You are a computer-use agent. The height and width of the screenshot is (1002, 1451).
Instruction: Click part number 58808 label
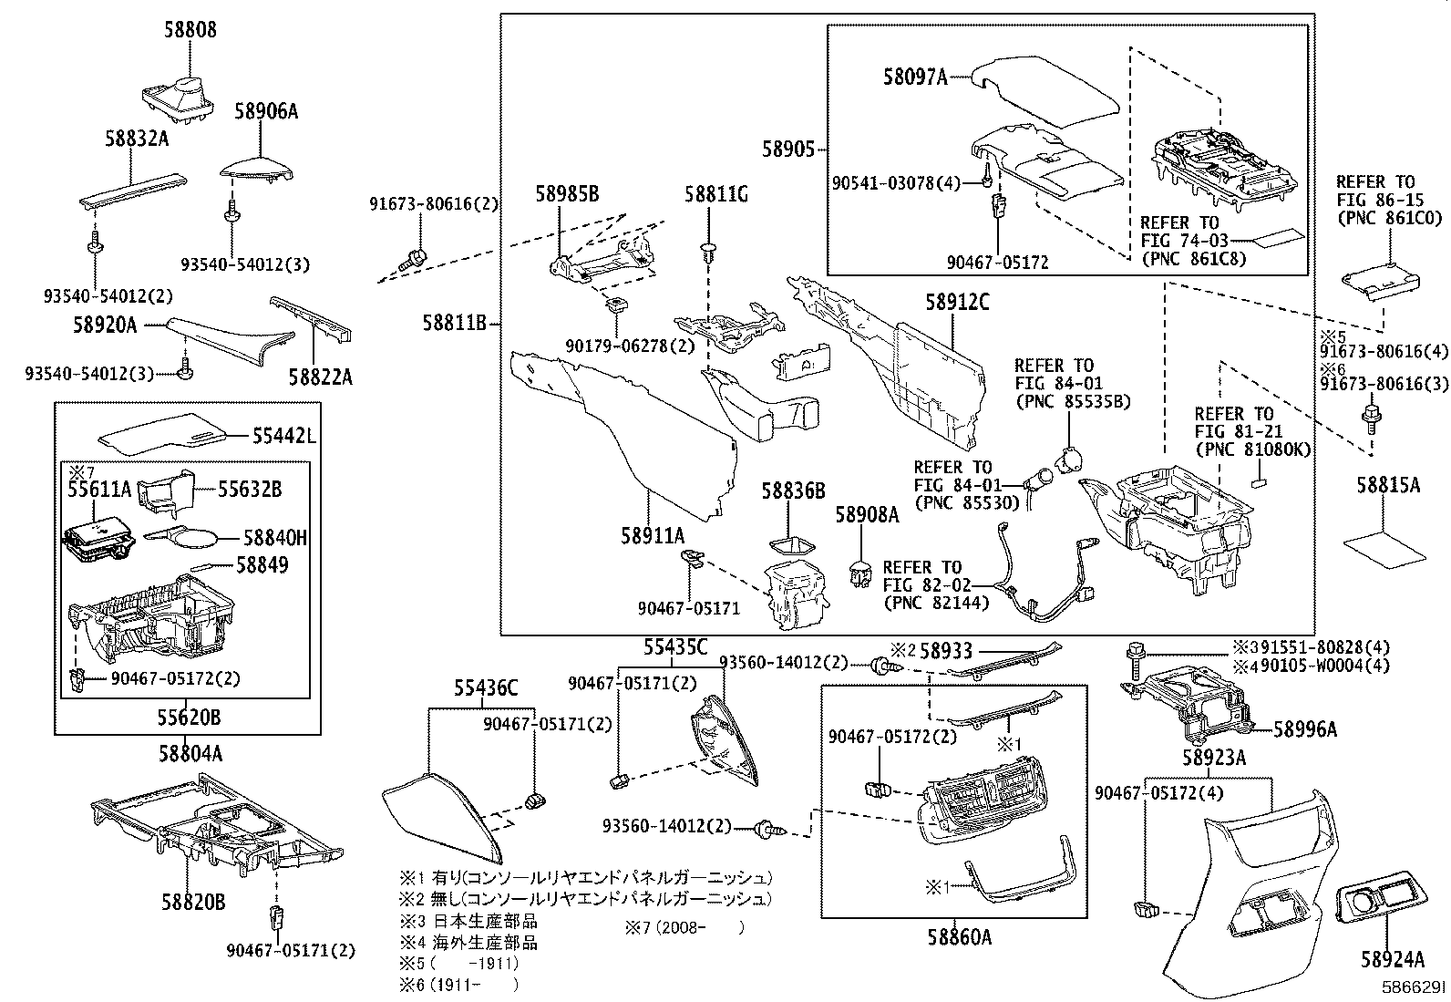coord(190,30)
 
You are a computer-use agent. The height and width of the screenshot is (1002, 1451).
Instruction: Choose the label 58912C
coord(957,302)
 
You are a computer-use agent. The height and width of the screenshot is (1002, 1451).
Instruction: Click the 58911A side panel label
coord(652,536)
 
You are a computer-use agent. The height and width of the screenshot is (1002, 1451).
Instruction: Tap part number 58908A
coord(867,516)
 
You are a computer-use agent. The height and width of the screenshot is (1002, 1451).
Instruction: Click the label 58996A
coord(1305,728)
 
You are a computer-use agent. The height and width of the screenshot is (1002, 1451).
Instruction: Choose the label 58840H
coord(274,539)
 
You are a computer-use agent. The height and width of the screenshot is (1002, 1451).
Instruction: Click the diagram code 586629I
coord(1410,987)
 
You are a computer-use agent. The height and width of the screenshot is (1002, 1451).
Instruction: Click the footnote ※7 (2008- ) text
coord(684,928)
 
